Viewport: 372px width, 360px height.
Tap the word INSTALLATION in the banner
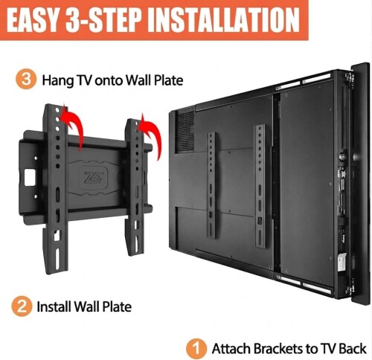pos(225,20)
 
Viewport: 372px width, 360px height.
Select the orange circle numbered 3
pos(26,80)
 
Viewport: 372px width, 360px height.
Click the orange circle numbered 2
pos(22,306)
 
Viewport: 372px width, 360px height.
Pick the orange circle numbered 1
pos(196,349)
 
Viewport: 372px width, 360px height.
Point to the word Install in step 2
pos(54,306)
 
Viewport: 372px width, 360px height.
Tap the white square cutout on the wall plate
pos(31,177)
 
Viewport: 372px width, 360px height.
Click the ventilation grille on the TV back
pos(185,132)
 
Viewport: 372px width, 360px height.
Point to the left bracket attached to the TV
pos(211,186)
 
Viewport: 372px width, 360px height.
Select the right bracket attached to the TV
pos(260,187)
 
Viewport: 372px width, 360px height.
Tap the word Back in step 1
pos(353,349)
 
